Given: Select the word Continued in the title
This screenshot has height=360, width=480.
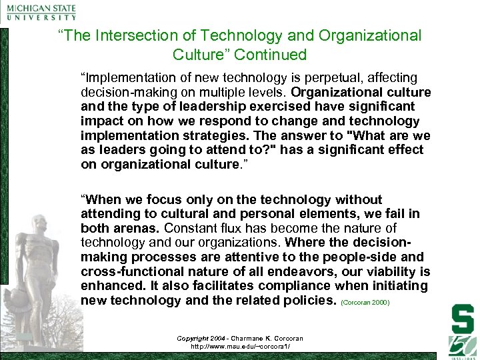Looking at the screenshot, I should [x=274, y=54].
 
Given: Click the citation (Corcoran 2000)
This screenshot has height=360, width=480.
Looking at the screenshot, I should [x=365, y=302].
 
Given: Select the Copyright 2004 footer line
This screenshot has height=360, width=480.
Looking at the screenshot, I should [x=239, y=339].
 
